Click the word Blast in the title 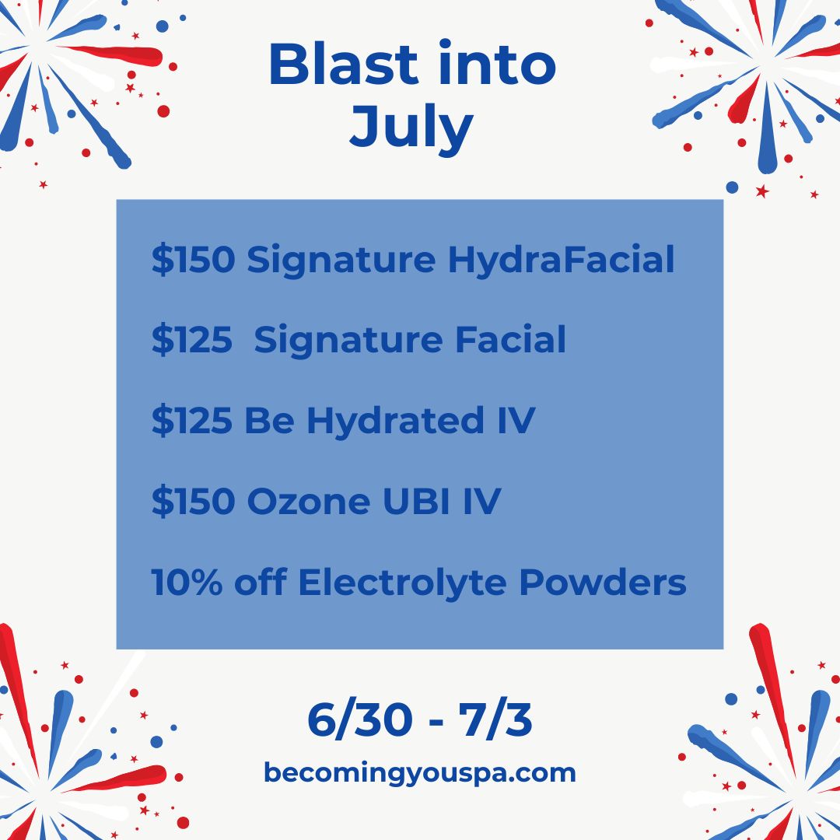coord(343,64)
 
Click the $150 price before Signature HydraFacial coord(194,260)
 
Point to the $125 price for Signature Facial coord(192,340)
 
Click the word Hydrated coord(395,420)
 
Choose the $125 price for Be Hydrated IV coord(192,421)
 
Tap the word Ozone coord(309,502)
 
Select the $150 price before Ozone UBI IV coord(194,502)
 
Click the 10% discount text coord(187,582)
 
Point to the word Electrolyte coord(402,583)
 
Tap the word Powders coord(603,582)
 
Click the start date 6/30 coord(360,720)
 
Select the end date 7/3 coord(495,720)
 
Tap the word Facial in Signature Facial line coord(510,340)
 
